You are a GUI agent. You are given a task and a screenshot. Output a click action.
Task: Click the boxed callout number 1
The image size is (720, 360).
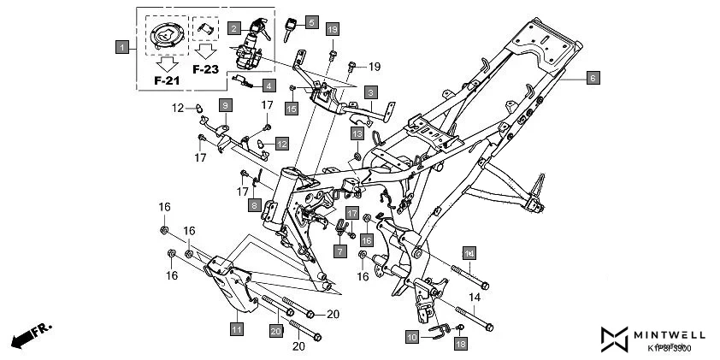(x=123, y=45)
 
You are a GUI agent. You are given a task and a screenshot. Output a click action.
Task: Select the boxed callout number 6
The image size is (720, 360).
(x=593, y=78)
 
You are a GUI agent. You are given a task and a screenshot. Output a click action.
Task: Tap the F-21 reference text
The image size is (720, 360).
(x=168, y=80)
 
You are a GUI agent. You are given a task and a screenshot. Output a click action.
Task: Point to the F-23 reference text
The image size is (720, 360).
(x=206, y=69)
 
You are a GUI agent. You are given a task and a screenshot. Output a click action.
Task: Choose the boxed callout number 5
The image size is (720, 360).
(x=310, y=22)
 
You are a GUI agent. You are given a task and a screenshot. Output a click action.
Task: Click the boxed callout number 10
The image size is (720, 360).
(x=412, y=338)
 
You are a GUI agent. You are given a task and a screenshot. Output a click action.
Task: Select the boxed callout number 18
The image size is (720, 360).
(x=461, y=343)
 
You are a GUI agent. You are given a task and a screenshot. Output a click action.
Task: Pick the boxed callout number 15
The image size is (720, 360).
(x=292, y=109)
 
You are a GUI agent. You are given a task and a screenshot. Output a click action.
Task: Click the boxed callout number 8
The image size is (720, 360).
(x=254, y=205)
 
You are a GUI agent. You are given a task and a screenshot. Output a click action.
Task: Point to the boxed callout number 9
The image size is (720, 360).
(x=224, y=104)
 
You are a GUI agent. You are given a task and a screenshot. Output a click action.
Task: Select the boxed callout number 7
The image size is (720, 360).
(x=339, y=251)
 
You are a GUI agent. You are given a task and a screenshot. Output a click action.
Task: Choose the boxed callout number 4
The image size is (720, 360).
(x=268, y=86)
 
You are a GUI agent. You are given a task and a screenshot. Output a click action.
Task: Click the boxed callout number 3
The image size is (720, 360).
(x=370, y=91)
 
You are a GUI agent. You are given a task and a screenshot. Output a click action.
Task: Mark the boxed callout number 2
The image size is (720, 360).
(x=233, y=29)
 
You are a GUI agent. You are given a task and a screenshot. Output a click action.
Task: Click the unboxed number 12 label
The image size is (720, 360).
(x=177, y=108)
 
